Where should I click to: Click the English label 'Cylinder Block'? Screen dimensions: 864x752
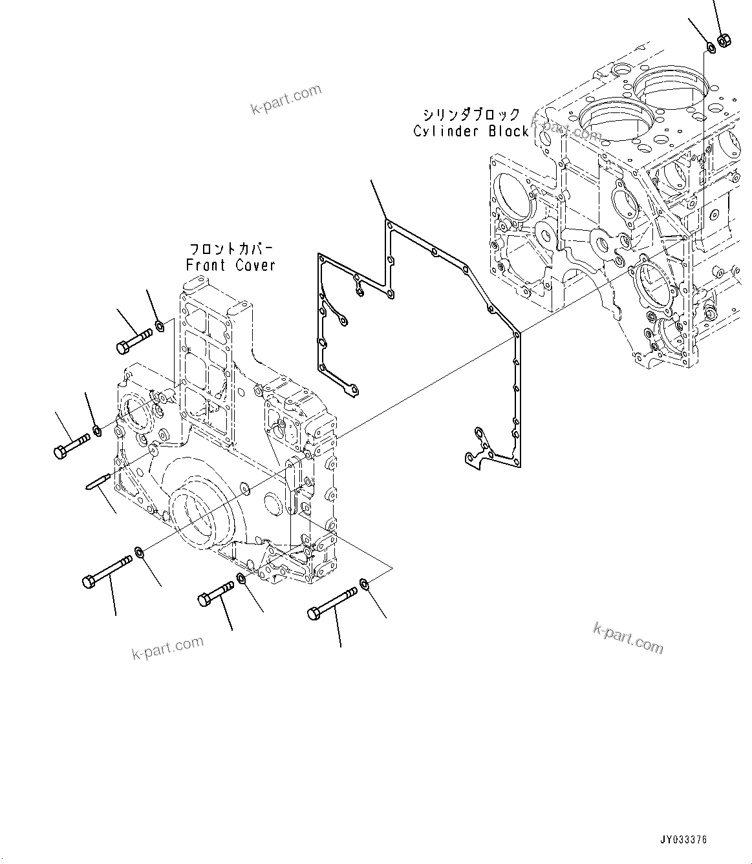click(471, 131)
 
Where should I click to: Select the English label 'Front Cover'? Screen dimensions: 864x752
click(231, 265)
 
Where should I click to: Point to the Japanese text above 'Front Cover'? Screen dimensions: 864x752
click(231, 249)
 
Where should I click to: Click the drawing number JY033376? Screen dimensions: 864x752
click(683, 839)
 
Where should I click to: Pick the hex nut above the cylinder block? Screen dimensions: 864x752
click(724, 40)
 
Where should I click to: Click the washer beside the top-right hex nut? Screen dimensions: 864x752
click(709, 46)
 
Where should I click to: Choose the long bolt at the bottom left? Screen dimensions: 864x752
click(107, 571)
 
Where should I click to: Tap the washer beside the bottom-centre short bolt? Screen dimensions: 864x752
click(241, 578)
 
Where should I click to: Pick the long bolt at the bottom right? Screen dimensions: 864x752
click(332, 602)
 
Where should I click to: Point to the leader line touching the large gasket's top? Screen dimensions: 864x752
click(378, 200)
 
